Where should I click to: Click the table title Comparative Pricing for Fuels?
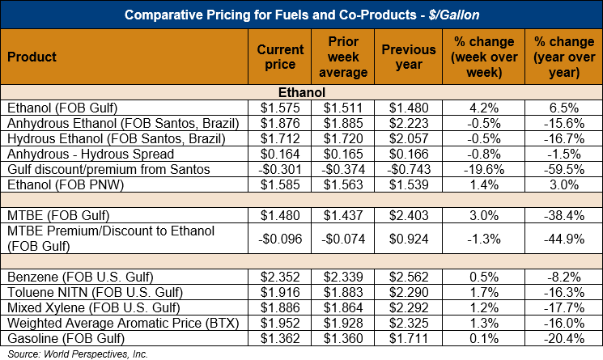pyautogui.click(x=301, y=15)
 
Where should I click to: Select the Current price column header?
pyautogui.click(x=280, y=57)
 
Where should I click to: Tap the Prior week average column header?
pyautogui.click(x=349, y=57)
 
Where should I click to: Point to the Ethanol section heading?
pyautogui.click(x=301, y=93)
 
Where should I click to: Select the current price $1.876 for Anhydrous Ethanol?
pyautogui.click(x=280, y=123)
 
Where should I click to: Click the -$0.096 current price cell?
pyautogui.click(x=279, y=239)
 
